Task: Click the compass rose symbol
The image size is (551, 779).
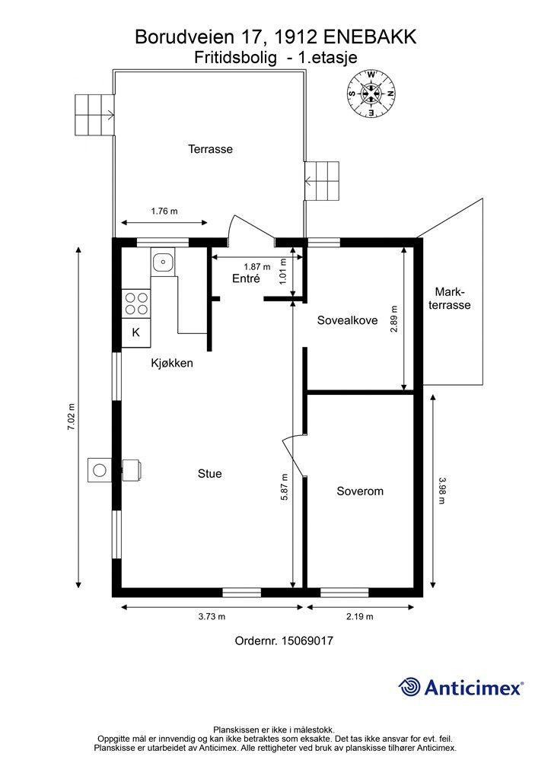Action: click(371, 94)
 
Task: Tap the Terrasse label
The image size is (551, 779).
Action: click(210, 149)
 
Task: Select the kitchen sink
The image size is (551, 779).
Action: click(162, 262)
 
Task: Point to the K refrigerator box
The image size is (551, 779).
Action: click(135, 332)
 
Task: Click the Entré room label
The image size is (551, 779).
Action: click(246, 278)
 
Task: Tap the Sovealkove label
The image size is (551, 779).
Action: click(347, 320)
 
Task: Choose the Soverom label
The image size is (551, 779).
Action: click(360, 491)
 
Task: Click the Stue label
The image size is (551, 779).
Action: click(209, 473)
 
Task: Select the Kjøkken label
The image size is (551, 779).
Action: click(172, 363)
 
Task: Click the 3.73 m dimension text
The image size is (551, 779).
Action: click(212, 616)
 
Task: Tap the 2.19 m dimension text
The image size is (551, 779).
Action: click(360, 616)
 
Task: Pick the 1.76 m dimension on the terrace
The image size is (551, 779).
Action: click(164, 211)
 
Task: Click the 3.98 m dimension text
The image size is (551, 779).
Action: click(441, 491)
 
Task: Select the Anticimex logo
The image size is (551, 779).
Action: click(460, 687)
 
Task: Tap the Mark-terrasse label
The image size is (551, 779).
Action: click(450, 298)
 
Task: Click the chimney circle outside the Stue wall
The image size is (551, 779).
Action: click(100, 470)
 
